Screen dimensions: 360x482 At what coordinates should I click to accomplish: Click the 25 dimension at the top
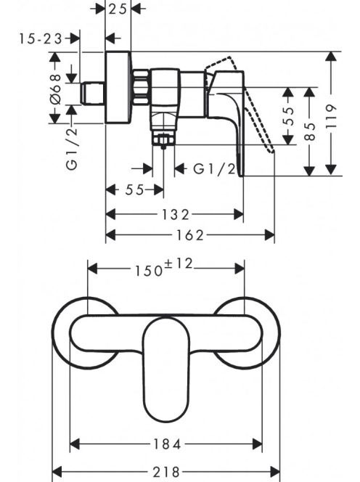point(118,9)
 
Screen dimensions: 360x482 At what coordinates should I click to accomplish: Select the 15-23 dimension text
point(41,38)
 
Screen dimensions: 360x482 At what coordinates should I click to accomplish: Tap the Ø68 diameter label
point(57,89)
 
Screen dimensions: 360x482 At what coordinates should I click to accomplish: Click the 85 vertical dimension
point(310,131)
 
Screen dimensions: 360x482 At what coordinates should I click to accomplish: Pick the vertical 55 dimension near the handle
point(288,116)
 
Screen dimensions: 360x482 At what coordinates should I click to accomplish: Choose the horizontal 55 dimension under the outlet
point(135,190)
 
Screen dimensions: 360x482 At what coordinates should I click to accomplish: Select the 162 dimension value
point(189,235)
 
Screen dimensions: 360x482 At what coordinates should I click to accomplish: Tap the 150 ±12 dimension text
point(164,267)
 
